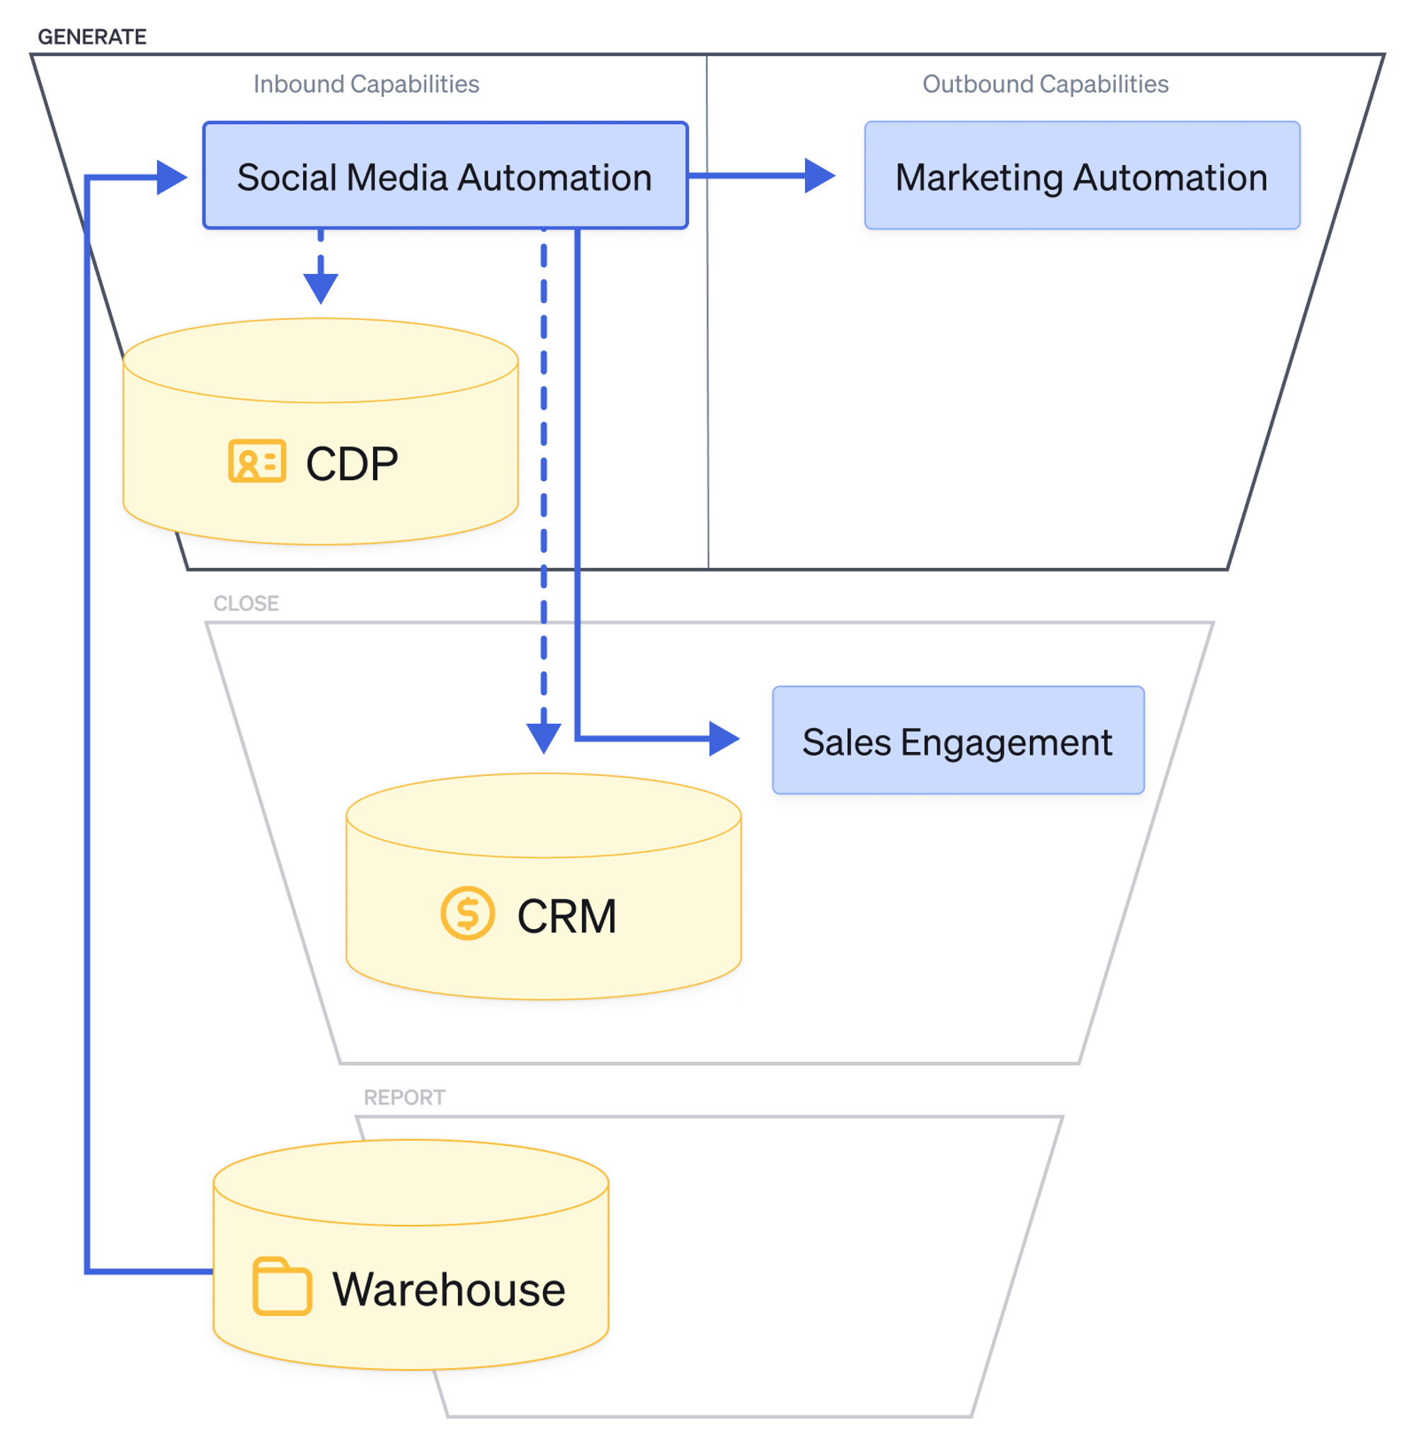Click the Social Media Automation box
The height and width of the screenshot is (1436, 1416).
(x=444, y=176)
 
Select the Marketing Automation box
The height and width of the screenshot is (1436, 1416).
(x=1081, y=176)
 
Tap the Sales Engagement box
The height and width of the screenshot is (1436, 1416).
(x=957, y=740)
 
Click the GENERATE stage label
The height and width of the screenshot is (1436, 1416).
(x=92, y=36)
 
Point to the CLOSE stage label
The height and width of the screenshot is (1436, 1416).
(x=246, y=603)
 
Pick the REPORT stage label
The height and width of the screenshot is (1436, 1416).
(x=404, y=1097)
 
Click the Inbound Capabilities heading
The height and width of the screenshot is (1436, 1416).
(x=366, y=84)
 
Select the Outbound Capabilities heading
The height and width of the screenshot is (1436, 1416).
(x=1044, y=84)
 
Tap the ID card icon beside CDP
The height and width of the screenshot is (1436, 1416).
(x=256, y=461)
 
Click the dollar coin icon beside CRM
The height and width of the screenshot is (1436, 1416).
(x=467, y=913)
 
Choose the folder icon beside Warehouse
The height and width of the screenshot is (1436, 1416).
(x=282, y=1287)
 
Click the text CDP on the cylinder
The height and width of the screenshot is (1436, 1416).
(x=352, y=464)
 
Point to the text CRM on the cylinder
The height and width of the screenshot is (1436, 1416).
(x=566, y=916)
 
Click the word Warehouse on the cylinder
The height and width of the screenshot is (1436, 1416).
(x=448, y=1289)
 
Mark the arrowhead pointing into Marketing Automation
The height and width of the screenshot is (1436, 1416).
(x=819, y=176)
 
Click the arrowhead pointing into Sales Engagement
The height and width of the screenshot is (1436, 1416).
(x=724, y=739)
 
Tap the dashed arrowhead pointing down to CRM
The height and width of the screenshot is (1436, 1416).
(x=543, y=737)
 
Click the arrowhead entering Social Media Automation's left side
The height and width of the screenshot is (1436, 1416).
(x=172, y=177)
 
